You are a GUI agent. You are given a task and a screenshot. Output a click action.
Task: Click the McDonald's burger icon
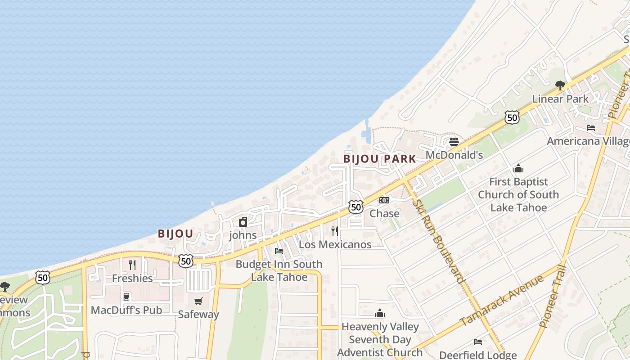tap(454, 142)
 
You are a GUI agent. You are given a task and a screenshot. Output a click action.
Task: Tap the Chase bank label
tap(384, 213)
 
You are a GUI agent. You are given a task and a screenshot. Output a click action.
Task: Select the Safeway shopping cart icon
tap(198, 301)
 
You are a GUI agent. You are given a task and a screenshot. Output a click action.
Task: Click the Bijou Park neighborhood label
tap(380, 159)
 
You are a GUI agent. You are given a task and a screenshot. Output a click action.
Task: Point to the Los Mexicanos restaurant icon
tap(335, 231)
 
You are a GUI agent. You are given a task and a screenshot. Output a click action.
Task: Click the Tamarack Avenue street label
tap(501, 300)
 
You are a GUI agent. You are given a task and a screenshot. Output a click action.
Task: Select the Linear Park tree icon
tap(560, 85)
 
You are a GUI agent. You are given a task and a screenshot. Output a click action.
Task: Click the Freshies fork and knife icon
tap(132, 265)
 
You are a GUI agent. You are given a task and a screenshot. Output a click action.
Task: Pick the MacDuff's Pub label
tap(126, 310)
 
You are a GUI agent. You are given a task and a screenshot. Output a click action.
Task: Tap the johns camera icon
tap(243, 222)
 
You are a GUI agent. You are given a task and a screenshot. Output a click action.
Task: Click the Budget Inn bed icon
tap(279, 251)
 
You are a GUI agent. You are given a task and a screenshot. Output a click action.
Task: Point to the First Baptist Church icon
tap(518, 169)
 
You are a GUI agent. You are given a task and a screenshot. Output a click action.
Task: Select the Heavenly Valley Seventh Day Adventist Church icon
tap(380, 313)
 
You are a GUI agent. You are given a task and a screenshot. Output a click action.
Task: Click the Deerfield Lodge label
tap(478, 355)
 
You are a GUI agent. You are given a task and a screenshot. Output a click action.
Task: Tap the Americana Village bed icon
tap(591, 128)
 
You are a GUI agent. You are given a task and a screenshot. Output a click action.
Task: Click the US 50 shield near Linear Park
tap(512, 117)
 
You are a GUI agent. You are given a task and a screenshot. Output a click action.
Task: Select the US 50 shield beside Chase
tap(356, 207)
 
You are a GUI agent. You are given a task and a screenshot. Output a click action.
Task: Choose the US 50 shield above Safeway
tap(185, 261)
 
